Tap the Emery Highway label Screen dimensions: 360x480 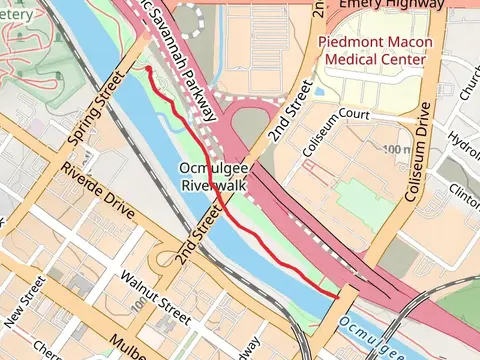[x=391, y=5]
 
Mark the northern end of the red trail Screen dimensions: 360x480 [x=148, y=68]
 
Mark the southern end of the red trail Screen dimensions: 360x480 [x=338, y=294]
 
